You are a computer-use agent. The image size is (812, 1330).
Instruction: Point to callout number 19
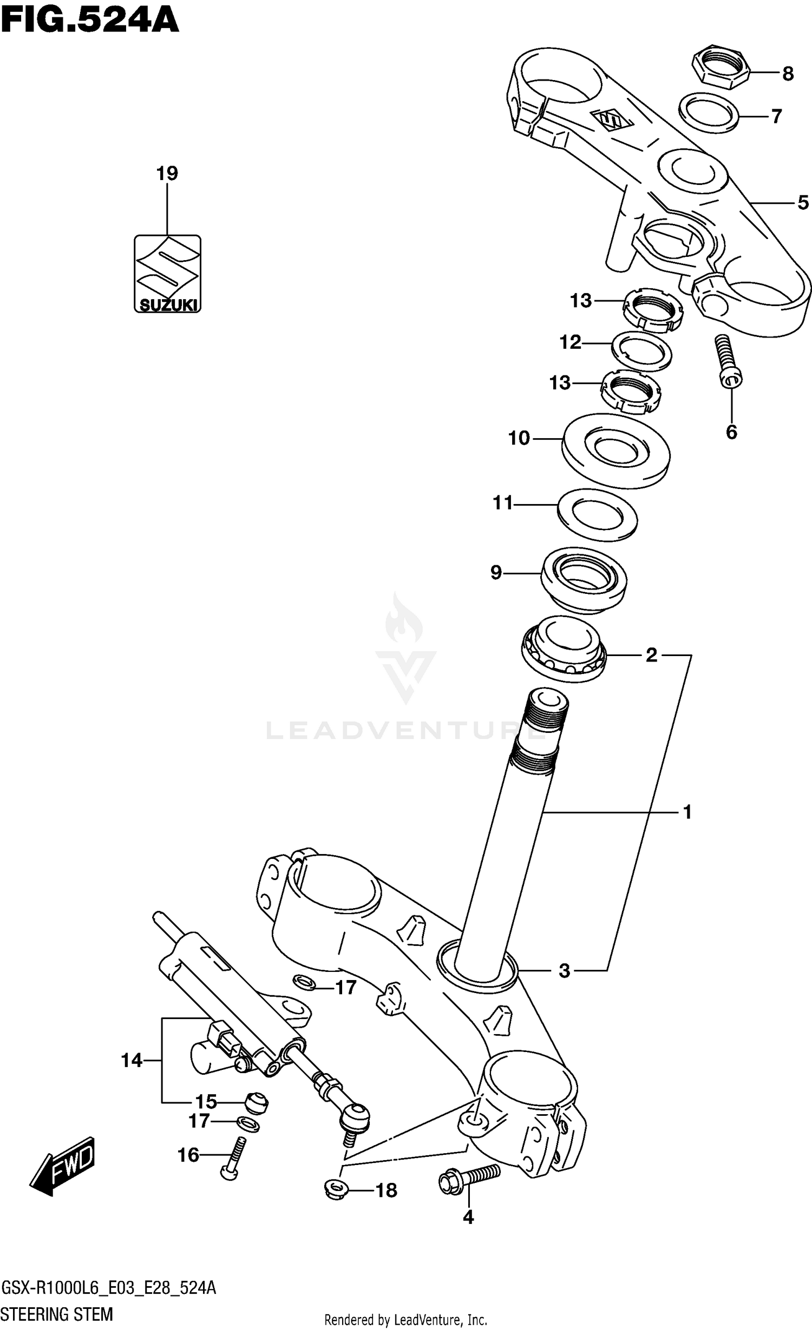point(167,174)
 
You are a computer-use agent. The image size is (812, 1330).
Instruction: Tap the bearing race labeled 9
point(584,580)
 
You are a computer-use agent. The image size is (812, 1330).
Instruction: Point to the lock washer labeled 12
point(641,352)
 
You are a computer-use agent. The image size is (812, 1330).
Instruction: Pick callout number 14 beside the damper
point(132,1061)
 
